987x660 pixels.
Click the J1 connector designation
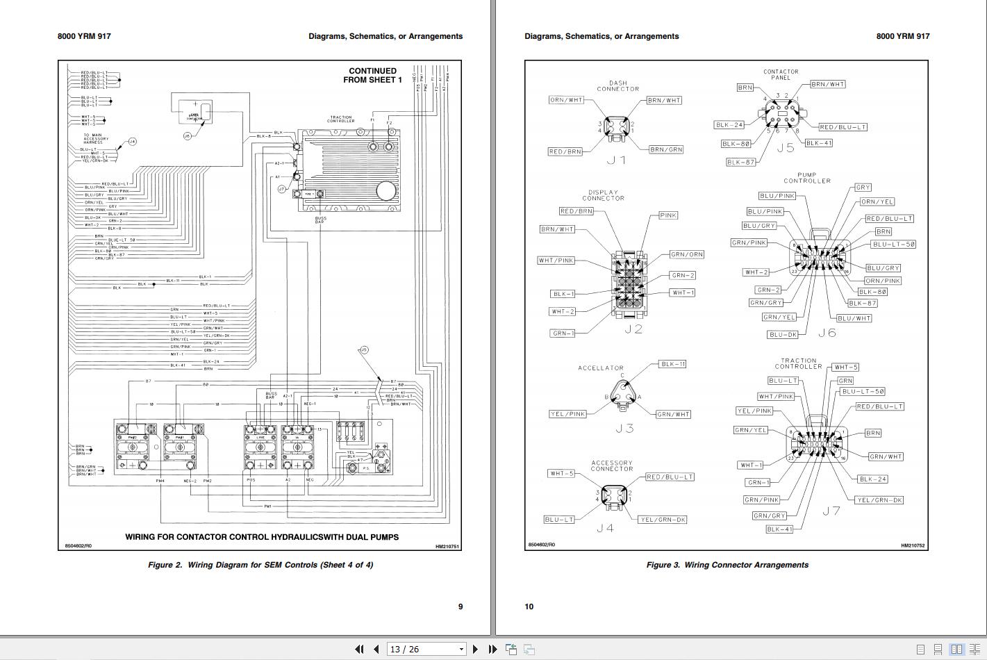point(616,160)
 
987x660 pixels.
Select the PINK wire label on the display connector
point(667,215)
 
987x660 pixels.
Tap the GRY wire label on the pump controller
point(863,188)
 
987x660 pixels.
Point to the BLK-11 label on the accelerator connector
point(672,364)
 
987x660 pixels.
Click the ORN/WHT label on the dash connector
point(567,100)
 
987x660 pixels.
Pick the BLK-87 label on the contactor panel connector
point(740,162)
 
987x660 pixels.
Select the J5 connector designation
point(785,148)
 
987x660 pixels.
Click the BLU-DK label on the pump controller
point(783,334)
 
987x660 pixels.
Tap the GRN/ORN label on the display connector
point(686,254)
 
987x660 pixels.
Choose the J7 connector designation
point(831,511)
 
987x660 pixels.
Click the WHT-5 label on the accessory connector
point(562,474)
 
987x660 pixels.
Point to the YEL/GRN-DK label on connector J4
point(662,520)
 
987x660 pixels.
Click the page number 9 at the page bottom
point(460,607)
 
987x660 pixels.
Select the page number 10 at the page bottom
point(529,607)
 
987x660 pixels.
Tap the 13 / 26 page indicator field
point(425,649)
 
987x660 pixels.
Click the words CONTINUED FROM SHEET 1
point(372,75)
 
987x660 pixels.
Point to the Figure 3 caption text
point(727,565)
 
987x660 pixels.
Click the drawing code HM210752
point(913,546)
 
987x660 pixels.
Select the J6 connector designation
point(827,333)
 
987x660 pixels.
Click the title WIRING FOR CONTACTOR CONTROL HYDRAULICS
point(262,537)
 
